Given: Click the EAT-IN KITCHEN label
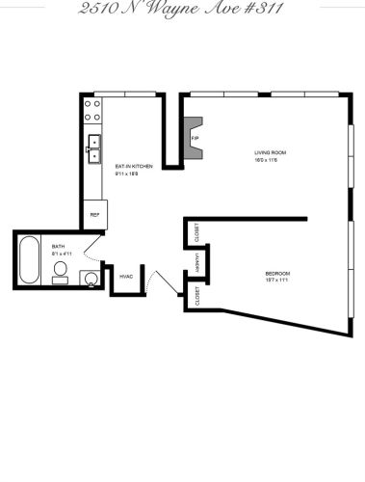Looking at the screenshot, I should [134, 167].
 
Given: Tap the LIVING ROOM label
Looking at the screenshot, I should [270, 153].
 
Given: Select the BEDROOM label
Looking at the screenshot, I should [277, 273].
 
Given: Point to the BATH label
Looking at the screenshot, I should [58, 246].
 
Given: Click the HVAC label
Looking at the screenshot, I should [125, 277].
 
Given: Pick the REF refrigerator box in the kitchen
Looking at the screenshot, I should [94, 214].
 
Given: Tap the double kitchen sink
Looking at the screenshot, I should [94, 148].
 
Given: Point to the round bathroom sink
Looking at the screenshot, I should [90, 280].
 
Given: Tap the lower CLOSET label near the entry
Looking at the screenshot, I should [196, 295].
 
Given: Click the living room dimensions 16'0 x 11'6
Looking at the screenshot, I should [270, 161].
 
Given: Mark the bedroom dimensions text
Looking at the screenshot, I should [277, 281].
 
